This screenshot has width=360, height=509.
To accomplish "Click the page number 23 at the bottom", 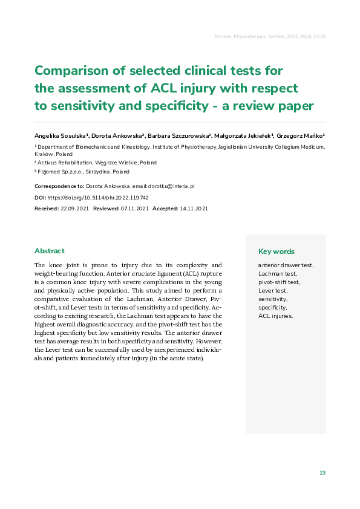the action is (x=322, y=473).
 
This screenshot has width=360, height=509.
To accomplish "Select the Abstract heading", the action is (x=50, y=251).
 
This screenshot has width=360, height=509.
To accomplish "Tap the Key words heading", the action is (x=277, y=251).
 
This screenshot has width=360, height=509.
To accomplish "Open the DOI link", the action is (x=97, y=198).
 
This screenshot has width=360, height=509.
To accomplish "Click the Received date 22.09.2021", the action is (x=75, y=209).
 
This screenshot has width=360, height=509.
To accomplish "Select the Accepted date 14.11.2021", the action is (x=194, y=209).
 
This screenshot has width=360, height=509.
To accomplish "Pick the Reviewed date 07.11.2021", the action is (x=134, y=209).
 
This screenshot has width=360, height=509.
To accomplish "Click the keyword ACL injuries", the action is (x=275, y=316).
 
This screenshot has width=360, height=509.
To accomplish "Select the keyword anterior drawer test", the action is (x=286, y=265).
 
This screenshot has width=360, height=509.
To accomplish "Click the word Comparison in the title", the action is (x=74, y=70).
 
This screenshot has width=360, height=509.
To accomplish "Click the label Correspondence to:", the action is (x=59, y=187).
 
